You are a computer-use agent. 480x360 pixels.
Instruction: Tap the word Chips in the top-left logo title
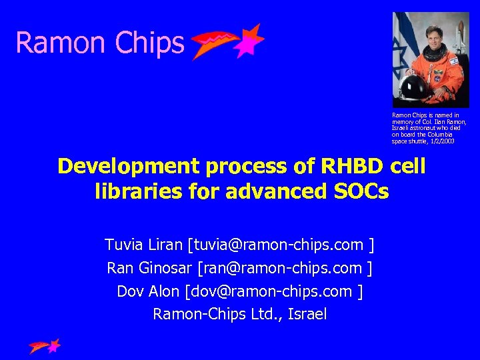149,43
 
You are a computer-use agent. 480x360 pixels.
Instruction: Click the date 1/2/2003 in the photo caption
442,141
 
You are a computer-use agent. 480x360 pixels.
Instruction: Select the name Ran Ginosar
149,268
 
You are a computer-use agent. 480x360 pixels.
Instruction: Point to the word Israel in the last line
307,314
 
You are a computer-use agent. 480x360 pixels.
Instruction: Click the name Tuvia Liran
143,245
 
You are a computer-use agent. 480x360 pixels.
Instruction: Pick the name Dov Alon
149,291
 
